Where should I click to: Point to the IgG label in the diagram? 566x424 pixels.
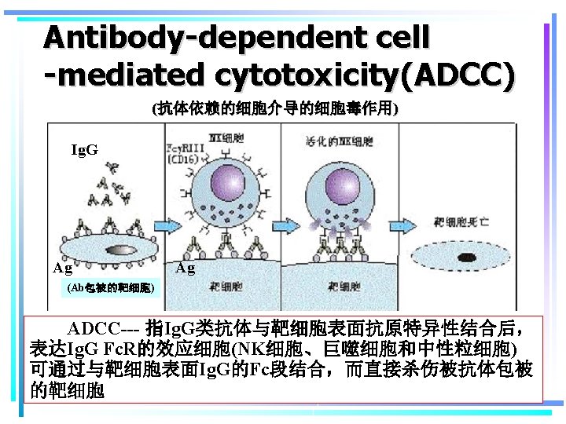[85, 149]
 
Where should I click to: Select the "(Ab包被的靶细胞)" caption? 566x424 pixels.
[110, 288]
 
